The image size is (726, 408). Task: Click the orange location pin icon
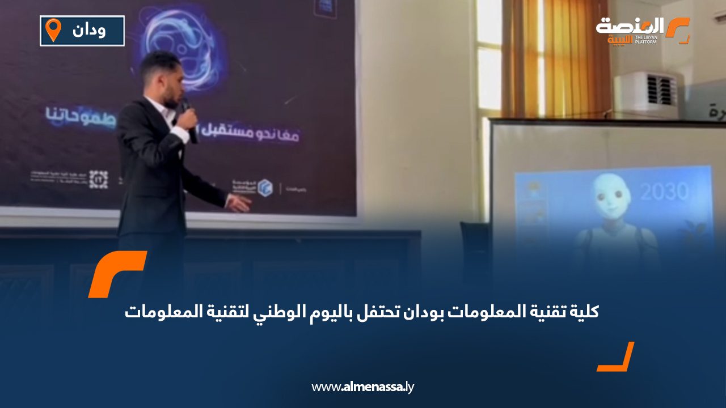point(53,29)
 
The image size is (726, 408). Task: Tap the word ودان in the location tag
point(89,30)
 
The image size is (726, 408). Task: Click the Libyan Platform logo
point(643,31)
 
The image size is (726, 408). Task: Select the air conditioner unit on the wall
point(646,93)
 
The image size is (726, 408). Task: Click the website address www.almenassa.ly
point(363,387)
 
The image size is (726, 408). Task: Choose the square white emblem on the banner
point(99,180)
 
